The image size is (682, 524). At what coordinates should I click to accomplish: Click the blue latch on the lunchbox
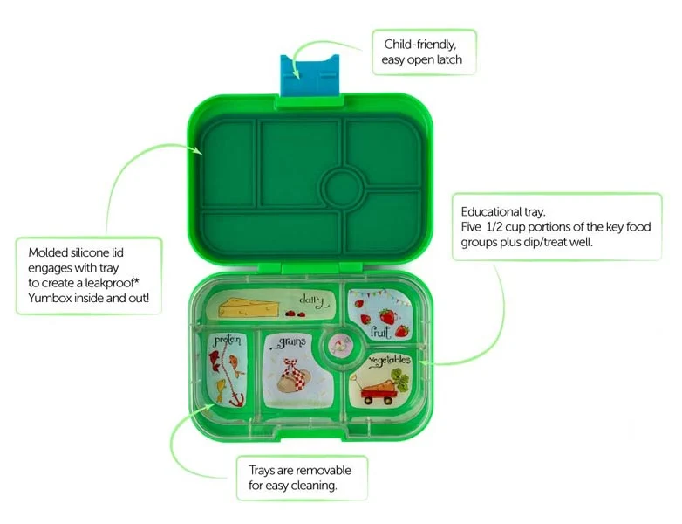tap(310, 75)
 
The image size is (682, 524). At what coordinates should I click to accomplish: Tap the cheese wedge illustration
tap(249, 308)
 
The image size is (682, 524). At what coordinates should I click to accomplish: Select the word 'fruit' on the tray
tap(379, 332)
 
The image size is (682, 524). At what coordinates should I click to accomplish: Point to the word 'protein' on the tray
tap(227, 340)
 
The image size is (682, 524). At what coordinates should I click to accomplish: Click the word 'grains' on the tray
tap(289, 342)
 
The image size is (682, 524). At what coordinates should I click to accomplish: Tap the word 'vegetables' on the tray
tap(390, 361)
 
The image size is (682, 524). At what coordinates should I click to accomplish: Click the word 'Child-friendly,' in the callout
tap(420, 45)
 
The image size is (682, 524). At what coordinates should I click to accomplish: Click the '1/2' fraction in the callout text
tap(494, 226)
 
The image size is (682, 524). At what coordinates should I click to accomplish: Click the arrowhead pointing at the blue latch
tap(296, 74)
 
